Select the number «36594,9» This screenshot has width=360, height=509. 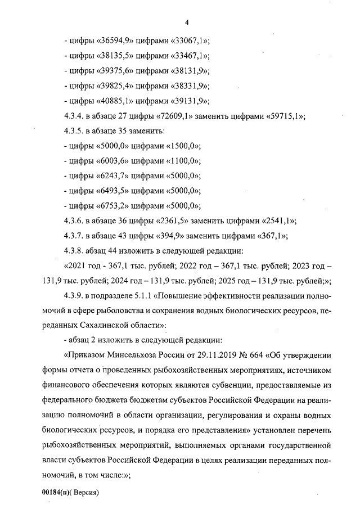115,41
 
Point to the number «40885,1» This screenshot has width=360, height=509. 115,101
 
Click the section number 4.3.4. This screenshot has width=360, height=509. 77,116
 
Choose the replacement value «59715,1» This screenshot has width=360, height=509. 283,116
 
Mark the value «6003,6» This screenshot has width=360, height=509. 113,161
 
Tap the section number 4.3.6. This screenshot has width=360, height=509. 77,220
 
